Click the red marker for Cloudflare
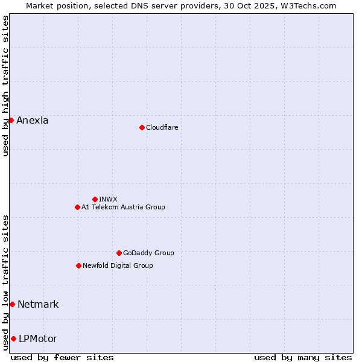(142, 127)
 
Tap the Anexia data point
(11, 120)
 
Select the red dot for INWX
(95, 199)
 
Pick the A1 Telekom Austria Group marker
(77, 207)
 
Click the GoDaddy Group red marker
(119, 253)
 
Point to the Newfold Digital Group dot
(78, 265)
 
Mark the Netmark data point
(12, 304)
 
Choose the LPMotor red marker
(13, 338)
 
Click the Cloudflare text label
(162, 127)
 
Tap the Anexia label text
(33, 120)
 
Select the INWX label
(108, 199)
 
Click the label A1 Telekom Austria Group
(123, 207)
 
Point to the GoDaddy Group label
(148, 253)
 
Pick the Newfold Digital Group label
(118, 265)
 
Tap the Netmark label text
(38, 304)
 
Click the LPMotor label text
(38, 338)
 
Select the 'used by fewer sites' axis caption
(62, 357)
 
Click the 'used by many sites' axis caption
(303, 357)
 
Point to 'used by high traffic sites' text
(5, 86)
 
